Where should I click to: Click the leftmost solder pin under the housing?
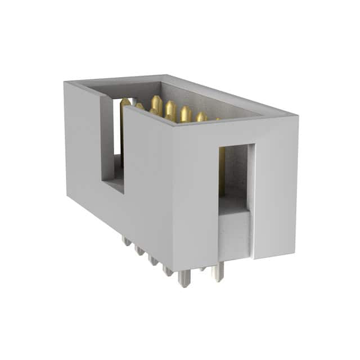click(x=126, y=241)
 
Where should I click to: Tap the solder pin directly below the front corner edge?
click(x=183, y=278)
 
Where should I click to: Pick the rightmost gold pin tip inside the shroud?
click(x=201, y=116)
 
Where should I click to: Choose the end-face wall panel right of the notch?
click(x=276, y=186)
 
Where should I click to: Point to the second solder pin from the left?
click(x=139, y=250)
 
